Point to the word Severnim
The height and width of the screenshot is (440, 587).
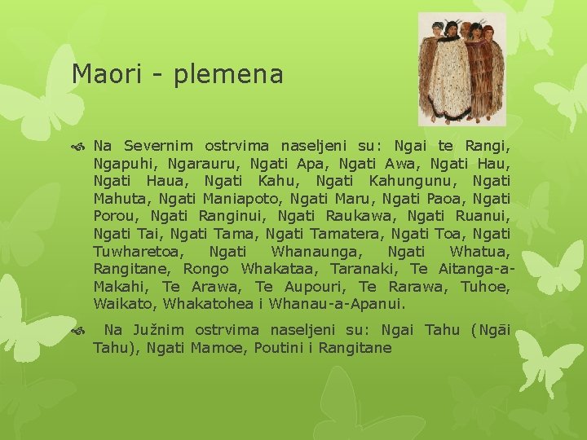(x=158, y=147)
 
